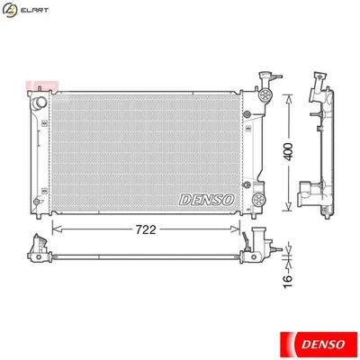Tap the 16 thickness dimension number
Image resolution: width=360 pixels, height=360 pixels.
tap(288, 281)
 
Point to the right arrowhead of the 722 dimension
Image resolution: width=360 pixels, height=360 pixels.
tap(241, 229)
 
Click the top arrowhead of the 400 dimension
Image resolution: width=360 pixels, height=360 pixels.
tap(288, 94)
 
